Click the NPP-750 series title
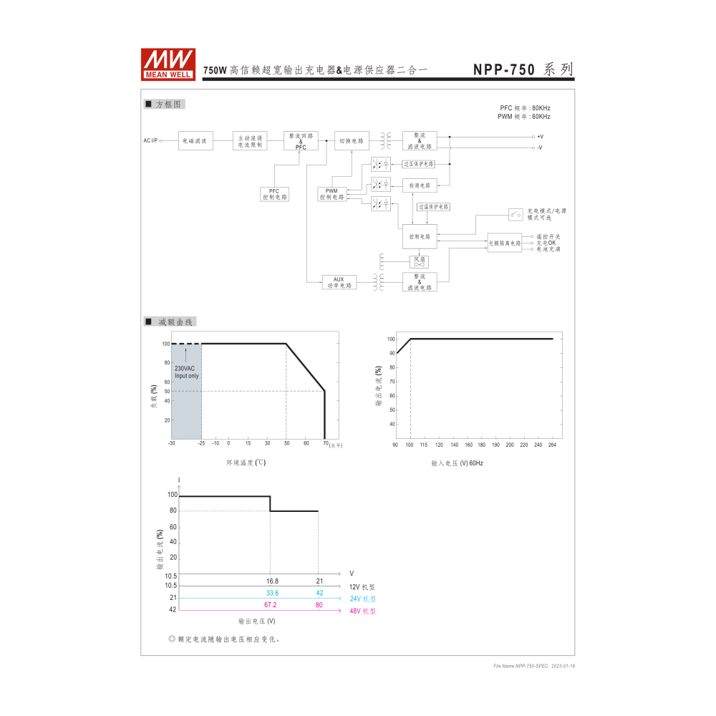coord(523,69)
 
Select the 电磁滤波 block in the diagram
coord(195,141)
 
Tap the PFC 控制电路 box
coord(274,193)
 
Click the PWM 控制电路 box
coord(332,193)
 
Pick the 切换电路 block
coord(352,141)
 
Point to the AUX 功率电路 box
coord(339,282)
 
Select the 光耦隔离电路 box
coord(505,243)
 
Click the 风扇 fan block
coord(419,261)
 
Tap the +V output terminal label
coord(540,136)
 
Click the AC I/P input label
coord(150,141)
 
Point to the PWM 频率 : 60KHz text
coord(524,116)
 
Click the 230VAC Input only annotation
coord(186,372)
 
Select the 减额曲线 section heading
coord(170,322)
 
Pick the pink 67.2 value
coord(270,605)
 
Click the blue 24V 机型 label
coord(362,599)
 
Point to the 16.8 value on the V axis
coord(272,581)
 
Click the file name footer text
coord(534,666)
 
